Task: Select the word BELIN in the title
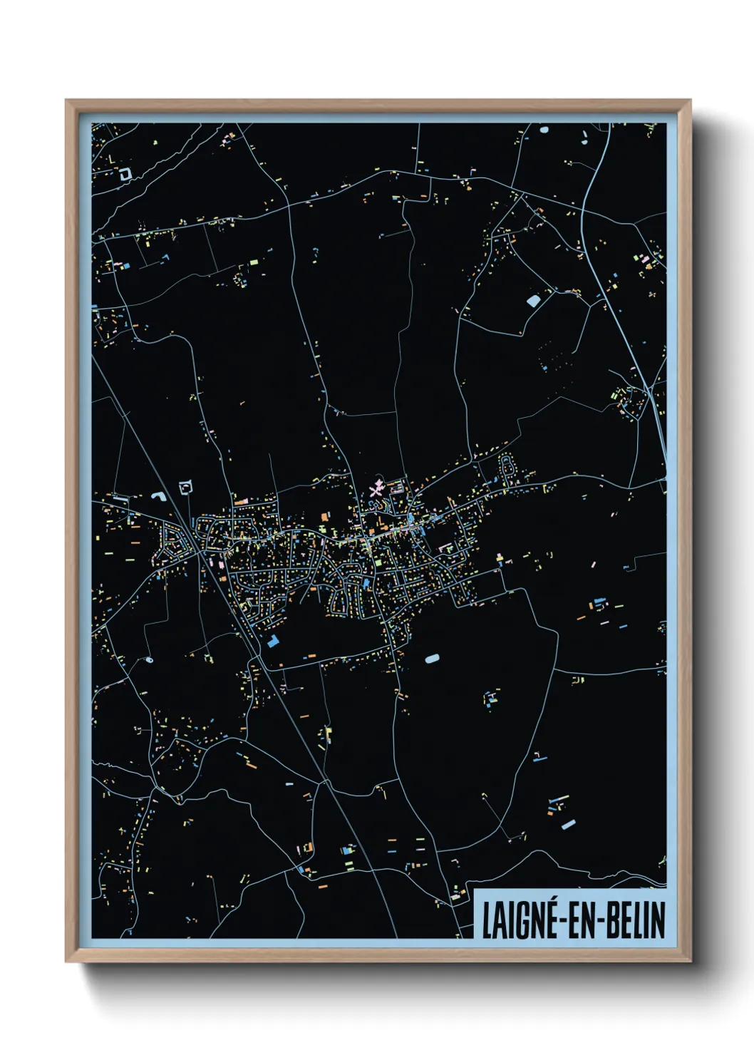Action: pos(636,920)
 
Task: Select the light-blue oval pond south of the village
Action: pos(432,659)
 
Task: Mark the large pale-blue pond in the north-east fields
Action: pos(533,301)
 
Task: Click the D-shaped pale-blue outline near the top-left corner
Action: pos(125,173)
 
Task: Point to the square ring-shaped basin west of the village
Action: pos(187,488)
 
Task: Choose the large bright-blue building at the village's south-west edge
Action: pos(273,640)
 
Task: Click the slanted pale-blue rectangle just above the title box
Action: pos(568,825)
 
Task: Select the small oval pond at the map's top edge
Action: pos(544,130)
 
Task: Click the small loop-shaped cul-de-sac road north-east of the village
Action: pos(507,468)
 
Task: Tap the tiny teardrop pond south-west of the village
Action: pos(149,660)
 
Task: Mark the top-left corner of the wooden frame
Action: pos(66,101)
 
